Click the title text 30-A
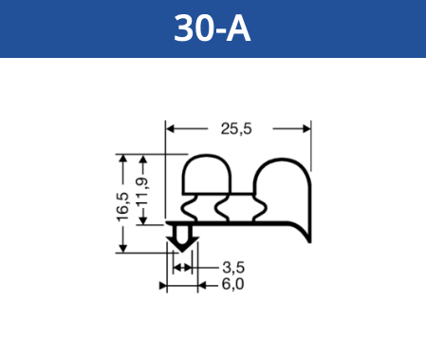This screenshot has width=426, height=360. (x=213, y=28)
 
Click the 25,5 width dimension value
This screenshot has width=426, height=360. (x=236, y=129)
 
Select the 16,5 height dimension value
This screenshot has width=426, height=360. (x=123, y=207)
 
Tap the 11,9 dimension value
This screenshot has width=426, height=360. (x=142, y=192)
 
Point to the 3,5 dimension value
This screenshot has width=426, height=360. (x=233, y=268)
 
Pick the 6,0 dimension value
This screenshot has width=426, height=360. (x=232, y=284)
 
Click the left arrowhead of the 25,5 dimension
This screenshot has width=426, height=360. (x=171, y=129)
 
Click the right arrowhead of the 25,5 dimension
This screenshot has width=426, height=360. (x=306, y=129)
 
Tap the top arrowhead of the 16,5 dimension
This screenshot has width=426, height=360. (x=123, y=159)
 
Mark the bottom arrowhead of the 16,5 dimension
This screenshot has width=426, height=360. (x=123, y=249)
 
